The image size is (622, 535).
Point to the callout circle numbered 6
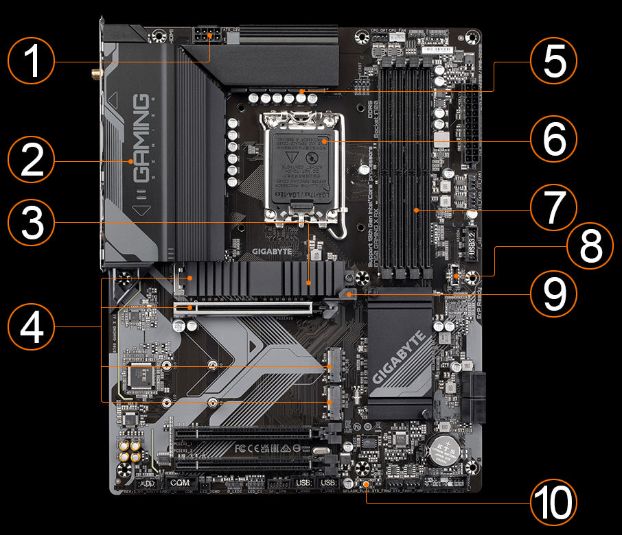pos(553,141)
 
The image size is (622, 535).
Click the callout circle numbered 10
pos(553,504)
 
